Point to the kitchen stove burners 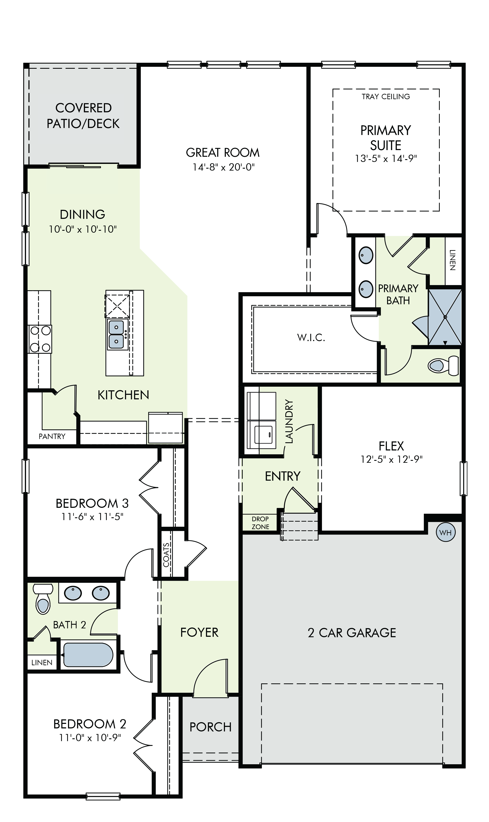[40, 339]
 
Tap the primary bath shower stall [445, 317]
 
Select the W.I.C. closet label [311, 338]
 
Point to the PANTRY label [52, 436]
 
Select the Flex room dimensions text [391, 459]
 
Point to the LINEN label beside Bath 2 [42, 662]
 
